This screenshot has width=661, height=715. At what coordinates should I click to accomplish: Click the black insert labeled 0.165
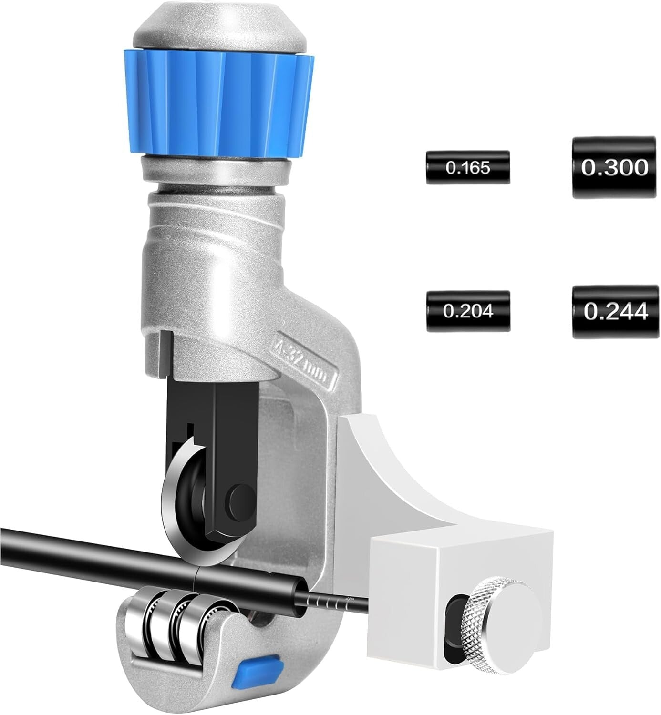(467, 167)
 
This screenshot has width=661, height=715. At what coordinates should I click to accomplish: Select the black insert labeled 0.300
(613, 168)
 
